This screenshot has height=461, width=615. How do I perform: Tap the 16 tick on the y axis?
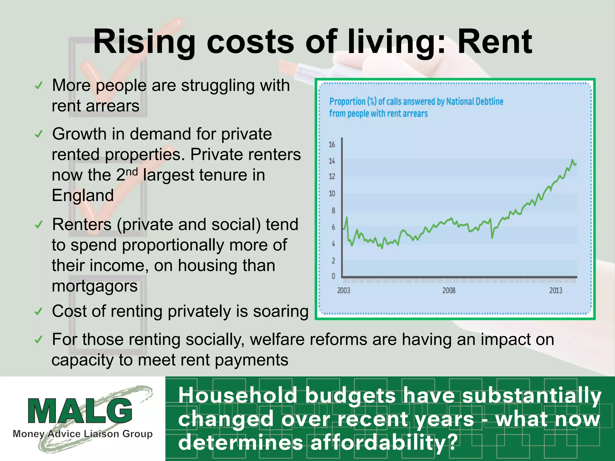[332, 145]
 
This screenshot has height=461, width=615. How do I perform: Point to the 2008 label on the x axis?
[449, 291]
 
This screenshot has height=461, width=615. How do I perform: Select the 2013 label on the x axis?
[556, 291]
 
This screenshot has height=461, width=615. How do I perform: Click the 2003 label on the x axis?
[344, 291]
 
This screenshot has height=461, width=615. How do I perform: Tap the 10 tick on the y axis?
[332, 194]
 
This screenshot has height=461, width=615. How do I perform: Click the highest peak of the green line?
[572, 160]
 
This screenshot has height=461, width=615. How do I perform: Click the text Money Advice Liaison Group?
[83, 434]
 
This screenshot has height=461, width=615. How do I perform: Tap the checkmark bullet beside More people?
[39, 86]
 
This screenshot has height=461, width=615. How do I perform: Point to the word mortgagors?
[95, 286]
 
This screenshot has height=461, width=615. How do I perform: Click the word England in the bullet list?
[83, 195]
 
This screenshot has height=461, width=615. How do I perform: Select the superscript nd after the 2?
[132, 172]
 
